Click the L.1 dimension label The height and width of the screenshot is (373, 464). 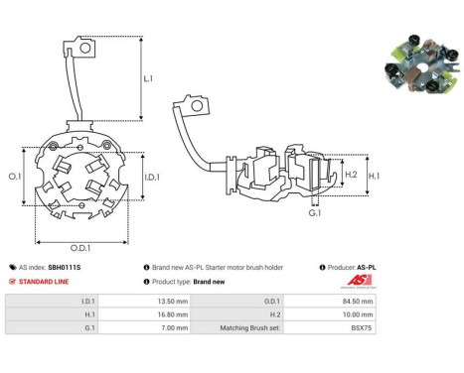148,77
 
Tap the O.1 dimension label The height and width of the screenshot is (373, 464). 15,176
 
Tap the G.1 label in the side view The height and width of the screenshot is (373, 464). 314,212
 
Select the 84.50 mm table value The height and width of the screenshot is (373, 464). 359,300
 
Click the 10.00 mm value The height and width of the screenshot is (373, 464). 359,317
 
